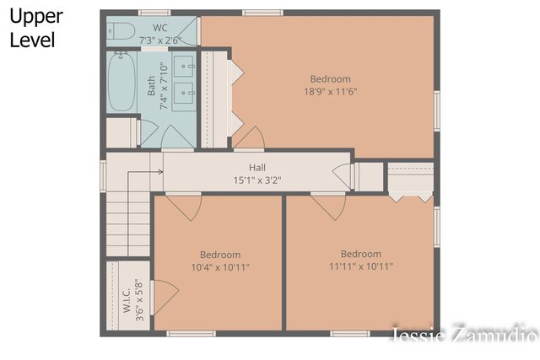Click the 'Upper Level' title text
pyautogui.click(x=36, y=28)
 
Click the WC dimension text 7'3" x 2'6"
pyautogui.click(x=160, y=39)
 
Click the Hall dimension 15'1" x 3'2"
pyautogui.click(x=257, y=180)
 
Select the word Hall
pyautogui.click(x=257, y=168)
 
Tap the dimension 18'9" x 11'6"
pyautogui.click(x=330, y=92)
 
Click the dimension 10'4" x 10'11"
pyautogui.click(x=220, y=267)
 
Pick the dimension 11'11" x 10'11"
pyautogui.click(x=361, y=266)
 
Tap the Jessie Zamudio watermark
pyautogui.click(x=464, y=335)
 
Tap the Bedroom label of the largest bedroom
pyautogui.click(x=330, y=79)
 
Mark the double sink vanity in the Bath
pyautogui.click(x=184, y=78)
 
